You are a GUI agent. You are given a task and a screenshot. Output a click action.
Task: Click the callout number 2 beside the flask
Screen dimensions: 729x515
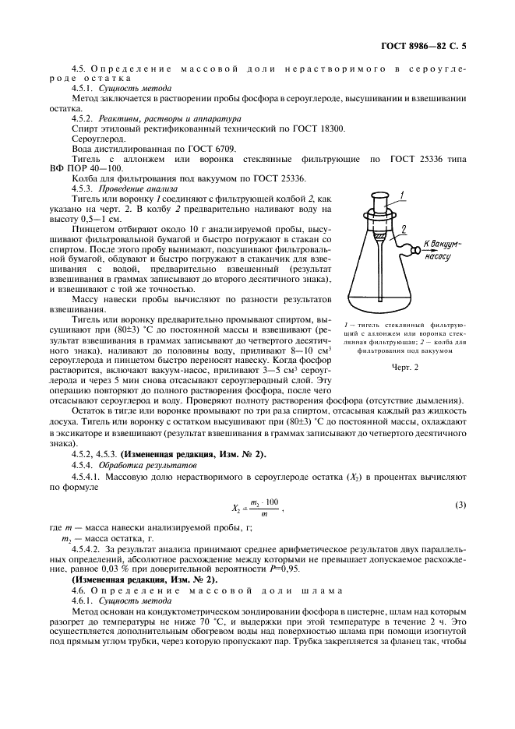point(404,228)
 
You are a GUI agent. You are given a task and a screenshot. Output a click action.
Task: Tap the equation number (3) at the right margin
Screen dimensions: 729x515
point(461,505)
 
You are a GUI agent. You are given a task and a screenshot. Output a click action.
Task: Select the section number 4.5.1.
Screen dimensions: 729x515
point(83,88)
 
